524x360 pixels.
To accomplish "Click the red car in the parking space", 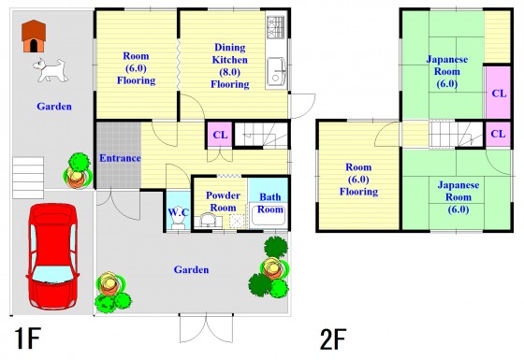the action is [52, 256].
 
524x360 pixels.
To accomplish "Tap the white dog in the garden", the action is [51, 70].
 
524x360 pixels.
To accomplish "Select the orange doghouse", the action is [34, 36].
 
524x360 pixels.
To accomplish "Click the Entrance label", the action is [120, 158].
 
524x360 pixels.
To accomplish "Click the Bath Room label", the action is [270, 203].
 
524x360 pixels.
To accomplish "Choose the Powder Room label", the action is [223, 201].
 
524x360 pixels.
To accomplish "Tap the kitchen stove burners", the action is [276, 27].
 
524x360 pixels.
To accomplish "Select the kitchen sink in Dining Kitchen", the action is [276, 73].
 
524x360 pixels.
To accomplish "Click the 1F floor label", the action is [27, 338].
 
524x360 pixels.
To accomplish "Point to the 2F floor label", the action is [333, 339].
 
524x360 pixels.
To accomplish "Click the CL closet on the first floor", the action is [220, 135].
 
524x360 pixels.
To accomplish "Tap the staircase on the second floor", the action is [457, 135].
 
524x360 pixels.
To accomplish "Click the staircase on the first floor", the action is [261, 135].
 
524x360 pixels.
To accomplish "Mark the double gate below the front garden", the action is [206, 327].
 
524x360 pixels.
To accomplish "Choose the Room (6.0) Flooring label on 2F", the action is [358, 180].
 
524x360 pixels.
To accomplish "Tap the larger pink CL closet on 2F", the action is [498, 93].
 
